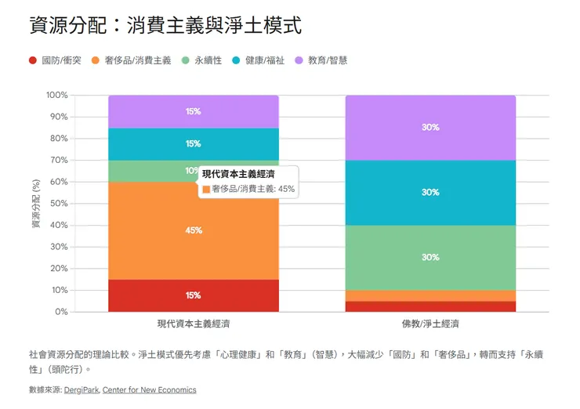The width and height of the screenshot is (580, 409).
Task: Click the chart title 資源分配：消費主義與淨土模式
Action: [x=165, y=26]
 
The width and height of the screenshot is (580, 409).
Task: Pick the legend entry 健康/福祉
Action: [x=264, y=60]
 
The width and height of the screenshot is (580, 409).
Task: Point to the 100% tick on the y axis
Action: [x=57, y=96]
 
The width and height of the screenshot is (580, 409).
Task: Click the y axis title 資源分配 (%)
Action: [x=35, y=204]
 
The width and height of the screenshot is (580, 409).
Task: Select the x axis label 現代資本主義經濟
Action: [x=194, y=324]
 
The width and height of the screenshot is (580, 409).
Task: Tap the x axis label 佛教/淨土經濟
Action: [x=430, y=324]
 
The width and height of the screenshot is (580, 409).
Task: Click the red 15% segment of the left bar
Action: [x=194, y=295]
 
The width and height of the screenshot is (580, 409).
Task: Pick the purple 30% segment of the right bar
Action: [x=430, y=128]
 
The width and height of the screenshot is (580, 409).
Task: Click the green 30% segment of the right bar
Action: [x=430, y=258]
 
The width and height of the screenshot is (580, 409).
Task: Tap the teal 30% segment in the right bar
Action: [x=430, y=193]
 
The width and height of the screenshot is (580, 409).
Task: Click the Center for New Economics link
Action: [x=150, y=389]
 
